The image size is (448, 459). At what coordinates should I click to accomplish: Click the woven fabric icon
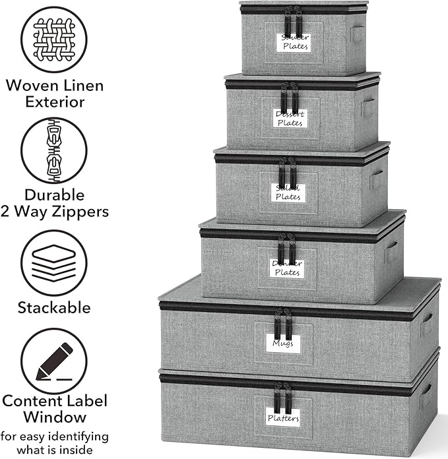tap(54, 39)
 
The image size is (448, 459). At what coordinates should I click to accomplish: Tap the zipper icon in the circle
tap(54, 150)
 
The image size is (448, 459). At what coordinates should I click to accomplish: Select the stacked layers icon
tap(54, 262)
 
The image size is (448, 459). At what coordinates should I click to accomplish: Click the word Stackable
tap(54, 307)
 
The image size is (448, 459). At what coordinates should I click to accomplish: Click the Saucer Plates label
tap(294, 42)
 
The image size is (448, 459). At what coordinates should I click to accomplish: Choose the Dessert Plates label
tap(290, 119)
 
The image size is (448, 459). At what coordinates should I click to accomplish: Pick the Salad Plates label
tap(288, 193)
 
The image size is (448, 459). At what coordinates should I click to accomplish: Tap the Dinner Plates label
tap(287, 268)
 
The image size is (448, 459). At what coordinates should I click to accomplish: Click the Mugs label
tap(283, 343)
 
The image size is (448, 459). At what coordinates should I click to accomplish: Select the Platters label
tap(283, 418)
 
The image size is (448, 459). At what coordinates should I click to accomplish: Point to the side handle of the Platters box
tap(426, 396)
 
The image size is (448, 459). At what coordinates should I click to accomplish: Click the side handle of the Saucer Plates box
tap(358, 34)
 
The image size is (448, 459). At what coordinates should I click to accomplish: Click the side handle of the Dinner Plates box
tap(391, 251)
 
